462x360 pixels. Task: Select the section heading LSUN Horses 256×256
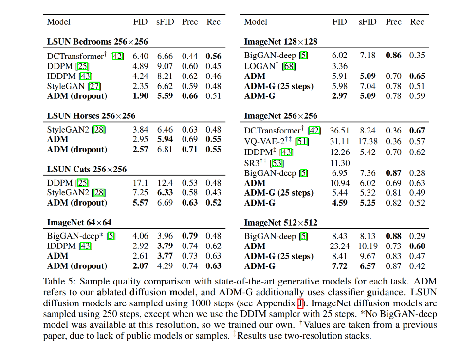[91, 116]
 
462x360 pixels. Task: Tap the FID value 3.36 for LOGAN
[340, 66]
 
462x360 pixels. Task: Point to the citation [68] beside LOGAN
[288, 66]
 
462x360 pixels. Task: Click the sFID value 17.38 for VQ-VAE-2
[368, 141]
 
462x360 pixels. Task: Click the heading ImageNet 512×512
[280, 223]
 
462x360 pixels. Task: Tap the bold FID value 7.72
[340, 266]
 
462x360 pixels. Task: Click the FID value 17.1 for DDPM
[141, 183]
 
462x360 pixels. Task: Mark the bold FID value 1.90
[140, 96]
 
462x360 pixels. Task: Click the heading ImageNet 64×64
[79, 223]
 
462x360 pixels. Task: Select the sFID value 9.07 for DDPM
[166, 66]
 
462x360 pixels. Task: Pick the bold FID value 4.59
[340, 203]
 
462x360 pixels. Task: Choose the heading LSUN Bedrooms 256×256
[97, 42]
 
